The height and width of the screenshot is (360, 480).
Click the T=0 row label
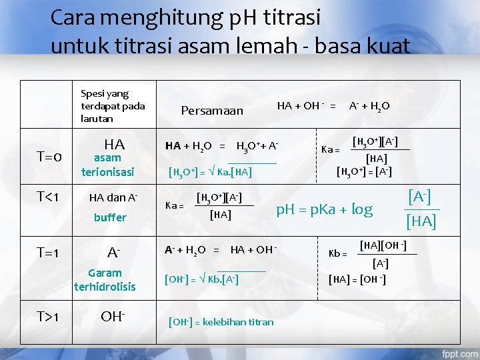click(x=49, y=157)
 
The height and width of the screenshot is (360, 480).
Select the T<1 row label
click(x=49, y=197)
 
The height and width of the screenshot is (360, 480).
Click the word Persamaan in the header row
click(x=213, y=110)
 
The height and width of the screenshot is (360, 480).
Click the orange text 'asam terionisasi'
click(x=108, y=165)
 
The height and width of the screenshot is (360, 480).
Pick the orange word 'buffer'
click(x=110, y=217)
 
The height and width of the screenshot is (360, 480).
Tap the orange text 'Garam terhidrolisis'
click(x=105, y=279)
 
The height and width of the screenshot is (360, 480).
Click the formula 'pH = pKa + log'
click(x=324, y=209)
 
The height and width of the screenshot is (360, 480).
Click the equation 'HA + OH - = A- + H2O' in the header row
click(x=333, y=105)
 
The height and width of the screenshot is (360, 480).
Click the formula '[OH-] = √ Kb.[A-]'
click(x=203, y=277)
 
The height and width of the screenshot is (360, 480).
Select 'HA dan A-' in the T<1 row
click(x=113, y=197)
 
